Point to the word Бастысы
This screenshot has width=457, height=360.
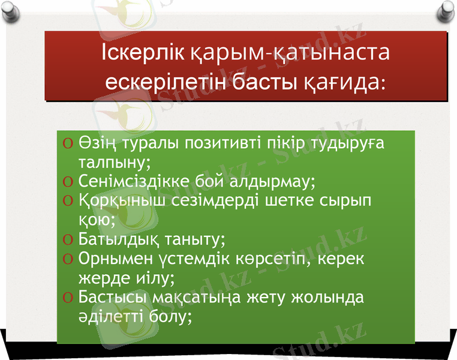(x=114, y=297)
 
